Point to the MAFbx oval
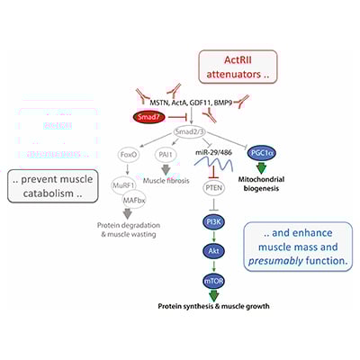click(x=133, y=210)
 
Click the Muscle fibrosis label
click(x=176, y=195)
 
